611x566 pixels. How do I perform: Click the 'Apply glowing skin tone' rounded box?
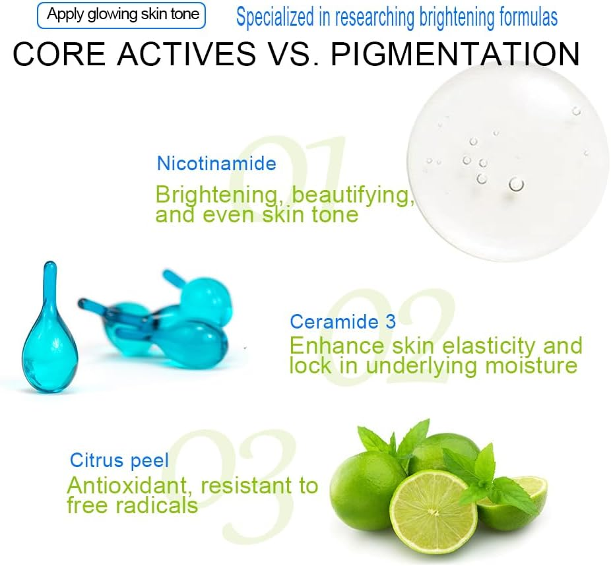click(121, 15)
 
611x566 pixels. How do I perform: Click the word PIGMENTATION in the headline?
click(455, 53)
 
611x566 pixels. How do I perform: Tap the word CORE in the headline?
click(59, 53)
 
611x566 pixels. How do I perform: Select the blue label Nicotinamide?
click(216, 163)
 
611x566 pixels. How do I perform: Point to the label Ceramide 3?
click(342, 321)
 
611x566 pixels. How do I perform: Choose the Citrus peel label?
click(119, 460)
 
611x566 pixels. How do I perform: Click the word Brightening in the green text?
click(216, 195)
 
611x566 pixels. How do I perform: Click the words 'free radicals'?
click(133, 505)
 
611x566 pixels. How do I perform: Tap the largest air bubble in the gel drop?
click(516, 184)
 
